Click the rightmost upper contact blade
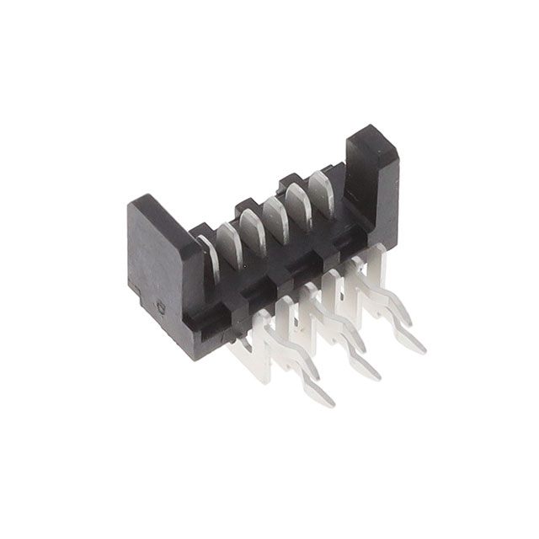click(x=321, y=187)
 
